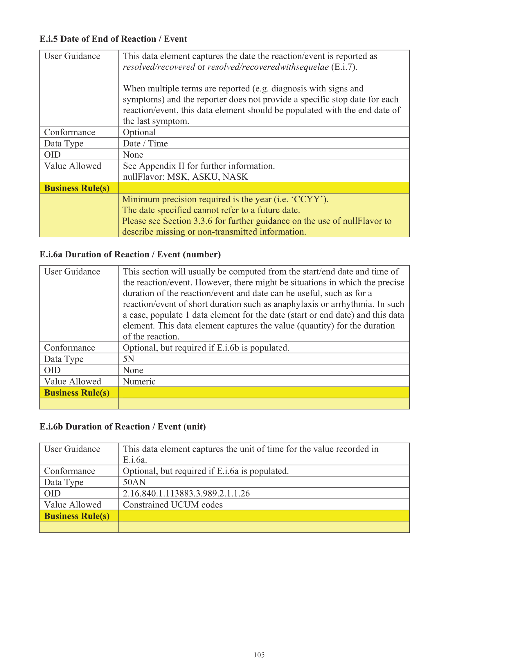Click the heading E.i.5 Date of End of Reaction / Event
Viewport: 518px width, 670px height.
click(x=113, y=39)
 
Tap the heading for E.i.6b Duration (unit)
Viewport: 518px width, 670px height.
click(x=123, y=427)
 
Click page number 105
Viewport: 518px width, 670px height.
click(x=259, y=655)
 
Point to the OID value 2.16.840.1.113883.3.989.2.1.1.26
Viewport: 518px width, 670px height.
click(x=186, y=493)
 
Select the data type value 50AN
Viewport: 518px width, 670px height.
click(x=134, y=482)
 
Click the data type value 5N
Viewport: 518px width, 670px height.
click(x=128, y=359)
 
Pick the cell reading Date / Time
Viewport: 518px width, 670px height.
click(x=145, y=143)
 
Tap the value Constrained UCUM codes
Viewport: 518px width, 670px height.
click(x=172, y=505)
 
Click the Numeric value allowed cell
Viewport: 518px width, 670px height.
click(x=139, y=381)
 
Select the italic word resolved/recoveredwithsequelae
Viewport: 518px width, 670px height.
click(x=268, y=67)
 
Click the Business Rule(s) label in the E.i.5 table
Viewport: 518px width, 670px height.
click(x=77, y=188)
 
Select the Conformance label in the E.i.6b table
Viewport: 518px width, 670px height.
click(x=69, y=471)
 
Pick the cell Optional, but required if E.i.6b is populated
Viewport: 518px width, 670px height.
click(x=206, y=348)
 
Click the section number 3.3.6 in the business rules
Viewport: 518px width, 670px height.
click(x=203, y=221)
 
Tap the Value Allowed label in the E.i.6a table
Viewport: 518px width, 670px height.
click(x=73, y=381)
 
